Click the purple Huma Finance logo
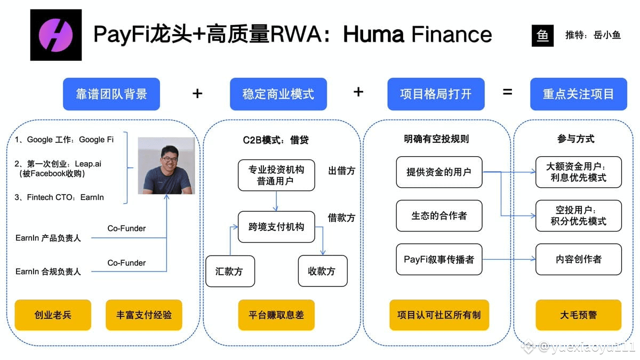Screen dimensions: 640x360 (x=56, y=35)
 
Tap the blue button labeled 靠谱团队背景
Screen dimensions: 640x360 (x=111, y=94)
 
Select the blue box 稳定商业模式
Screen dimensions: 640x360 (x=278, y=94)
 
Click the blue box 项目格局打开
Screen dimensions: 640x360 (x=436, y=94)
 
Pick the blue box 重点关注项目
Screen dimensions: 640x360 (x=579, y=94)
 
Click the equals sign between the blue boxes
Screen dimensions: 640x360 (x=507, y=92)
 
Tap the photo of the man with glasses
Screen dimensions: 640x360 (x=166, y=166)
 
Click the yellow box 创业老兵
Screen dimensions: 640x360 (x=53, y=315)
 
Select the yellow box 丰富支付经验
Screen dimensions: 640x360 (x=143, y=315)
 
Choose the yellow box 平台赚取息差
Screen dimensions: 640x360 (x=276, y=315)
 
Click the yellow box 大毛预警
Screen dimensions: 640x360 (x=579, y=315)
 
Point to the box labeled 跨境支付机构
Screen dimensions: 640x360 (x=276, y=227)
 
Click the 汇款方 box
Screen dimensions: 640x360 (x=230, y=271)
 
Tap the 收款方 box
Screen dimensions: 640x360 (x=323, y=271)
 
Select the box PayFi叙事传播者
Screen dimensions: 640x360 (x=439, y=259)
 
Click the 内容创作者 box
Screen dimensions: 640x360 (x=579, y=259)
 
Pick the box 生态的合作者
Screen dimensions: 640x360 (x=439, y=215)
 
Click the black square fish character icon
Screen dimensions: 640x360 (x=542, y=36)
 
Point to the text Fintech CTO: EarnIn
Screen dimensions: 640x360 (x=65, y=197)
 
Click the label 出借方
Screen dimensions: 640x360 (x=341, y=171)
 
